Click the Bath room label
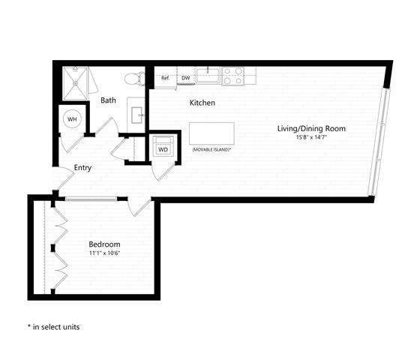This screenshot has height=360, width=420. (x=108, y=100)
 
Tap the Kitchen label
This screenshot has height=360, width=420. (x=202, y=103)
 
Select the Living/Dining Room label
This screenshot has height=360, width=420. (x=311, y=128)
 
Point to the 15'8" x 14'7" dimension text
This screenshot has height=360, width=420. (x=312, y=137)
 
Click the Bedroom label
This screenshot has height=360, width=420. (x=104, y=244)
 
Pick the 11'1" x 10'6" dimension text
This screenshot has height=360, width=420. (x=104, y=253)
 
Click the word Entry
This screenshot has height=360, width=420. (x=82, y=168)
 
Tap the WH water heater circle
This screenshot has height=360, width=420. (x=72, y=119)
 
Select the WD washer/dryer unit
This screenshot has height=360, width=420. (x=163, y=146)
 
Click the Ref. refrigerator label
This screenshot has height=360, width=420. (x=165, y=78)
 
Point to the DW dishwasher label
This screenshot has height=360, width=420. (x=186, y=78)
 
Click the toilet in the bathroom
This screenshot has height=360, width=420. (x=135, y=79)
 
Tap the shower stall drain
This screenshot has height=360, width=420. (x=75, y=83)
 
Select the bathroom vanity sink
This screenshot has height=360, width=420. (x=136, y=115)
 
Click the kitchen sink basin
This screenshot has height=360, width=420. (x=208, y=75)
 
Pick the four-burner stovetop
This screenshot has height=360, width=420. (x=233, y=76)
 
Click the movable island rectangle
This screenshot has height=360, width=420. (x=211, y=133)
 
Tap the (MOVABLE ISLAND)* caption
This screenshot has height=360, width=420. (x=211, y=149)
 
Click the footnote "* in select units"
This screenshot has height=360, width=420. (x=53, y=327)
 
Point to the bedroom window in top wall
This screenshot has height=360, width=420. (x=91, y=199)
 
